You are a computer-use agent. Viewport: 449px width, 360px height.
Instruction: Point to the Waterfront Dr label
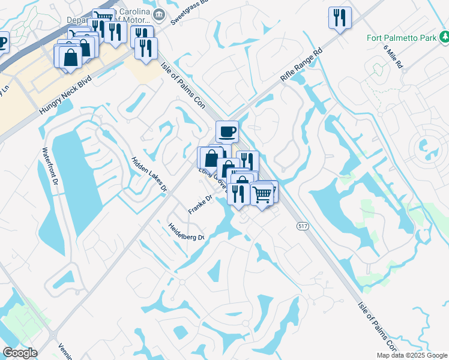(x=50, y=166)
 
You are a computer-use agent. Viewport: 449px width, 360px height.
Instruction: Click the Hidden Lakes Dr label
(x=148, y=174)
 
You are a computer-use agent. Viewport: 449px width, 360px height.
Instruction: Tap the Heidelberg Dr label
(x=187, y=231)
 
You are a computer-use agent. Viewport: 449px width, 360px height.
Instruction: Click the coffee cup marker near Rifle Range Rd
(x=226, y=131)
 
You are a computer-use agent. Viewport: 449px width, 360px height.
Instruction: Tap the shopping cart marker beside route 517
(x=262, y=194)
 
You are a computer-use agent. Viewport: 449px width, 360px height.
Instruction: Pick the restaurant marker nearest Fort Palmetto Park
(x=340, y=17)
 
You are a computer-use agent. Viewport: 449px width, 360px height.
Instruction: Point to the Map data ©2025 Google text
(x=412, y=355)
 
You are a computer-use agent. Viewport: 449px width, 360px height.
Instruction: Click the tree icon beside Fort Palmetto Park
(x=444, y=38)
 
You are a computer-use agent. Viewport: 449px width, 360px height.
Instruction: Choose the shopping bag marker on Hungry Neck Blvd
(x=70, y=57)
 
